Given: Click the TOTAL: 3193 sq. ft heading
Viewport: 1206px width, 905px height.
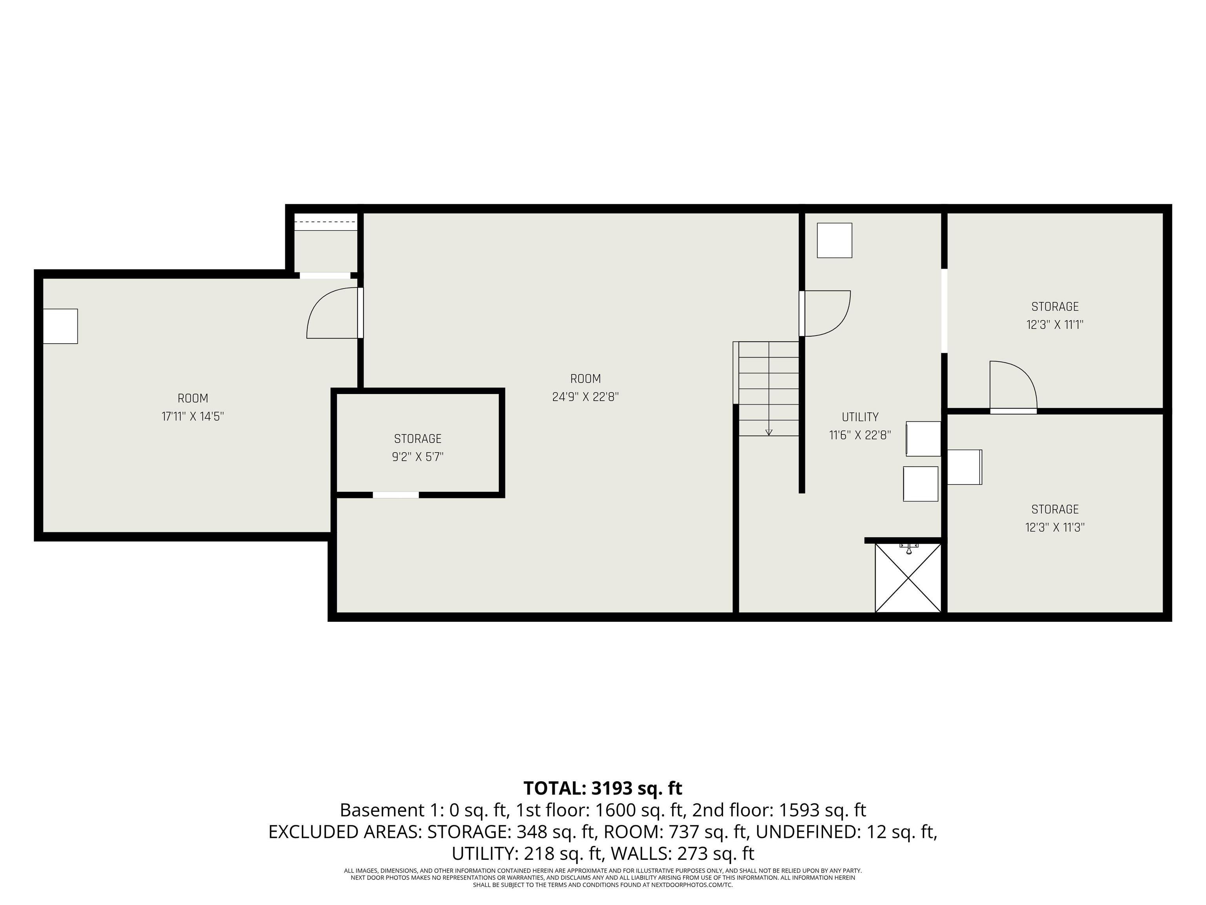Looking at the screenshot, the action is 603,788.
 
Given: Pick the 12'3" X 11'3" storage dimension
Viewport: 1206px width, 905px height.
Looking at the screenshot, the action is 1055,528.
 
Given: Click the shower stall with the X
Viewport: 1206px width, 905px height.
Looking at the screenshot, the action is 908,578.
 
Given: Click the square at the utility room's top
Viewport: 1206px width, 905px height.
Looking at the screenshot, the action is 834,240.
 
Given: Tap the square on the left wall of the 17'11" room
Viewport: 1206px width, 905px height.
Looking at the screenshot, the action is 60,326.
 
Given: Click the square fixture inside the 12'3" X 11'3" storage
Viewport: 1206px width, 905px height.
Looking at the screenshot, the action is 965,467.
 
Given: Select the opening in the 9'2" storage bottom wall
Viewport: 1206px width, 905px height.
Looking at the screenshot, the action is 396,495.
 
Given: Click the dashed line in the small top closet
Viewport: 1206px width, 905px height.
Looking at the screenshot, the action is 325,222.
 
